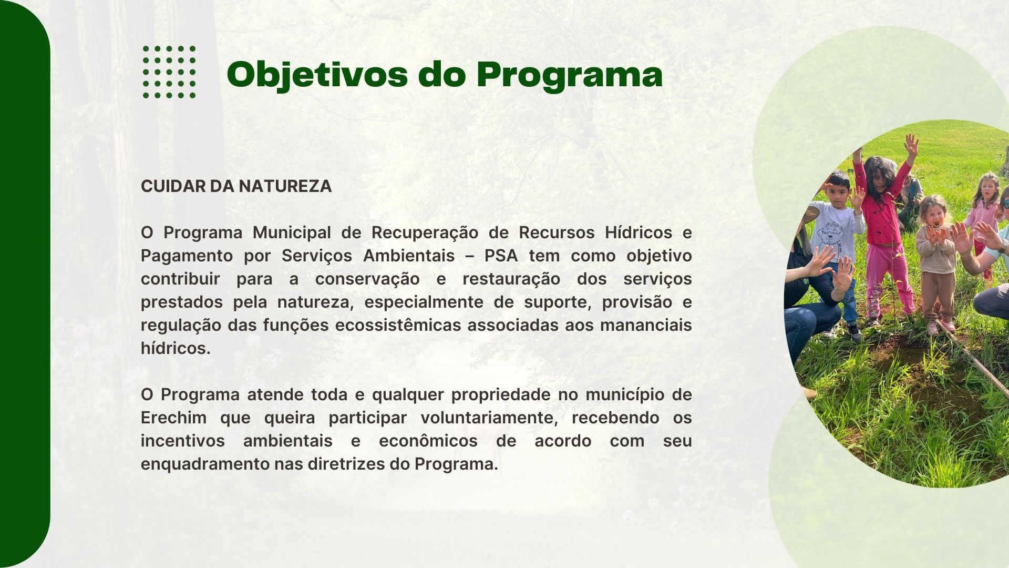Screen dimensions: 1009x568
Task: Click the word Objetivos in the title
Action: click(317, 75)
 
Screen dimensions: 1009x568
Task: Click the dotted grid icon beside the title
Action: click(169, 72)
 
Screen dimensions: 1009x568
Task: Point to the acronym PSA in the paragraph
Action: click(501, 256)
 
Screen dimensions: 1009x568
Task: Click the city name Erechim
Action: click(173, 418)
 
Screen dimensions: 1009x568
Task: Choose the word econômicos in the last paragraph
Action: click(428, 441)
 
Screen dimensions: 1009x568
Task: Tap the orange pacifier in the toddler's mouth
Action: click(936, 223)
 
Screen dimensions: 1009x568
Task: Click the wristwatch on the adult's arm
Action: click(1004, 246)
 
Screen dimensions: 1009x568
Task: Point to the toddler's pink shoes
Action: click(940, 327)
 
